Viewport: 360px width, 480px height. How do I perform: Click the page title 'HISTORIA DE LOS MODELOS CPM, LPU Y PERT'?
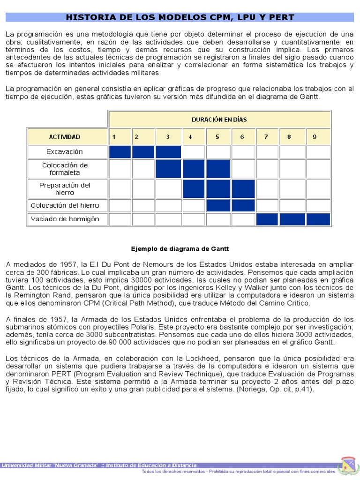(x=180, y=18)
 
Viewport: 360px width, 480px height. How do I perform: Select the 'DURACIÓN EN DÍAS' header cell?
(x=219, y=120)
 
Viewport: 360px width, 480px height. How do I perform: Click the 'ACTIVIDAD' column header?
(x=65, y=137)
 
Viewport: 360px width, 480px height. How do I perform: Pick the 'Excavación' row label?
(x=65, y=152)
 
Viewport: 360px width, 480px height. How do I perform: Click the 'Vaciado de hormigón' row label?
(x=65, y=219)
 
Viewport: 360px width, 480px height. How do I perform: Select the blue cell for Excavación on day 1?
(x=120, y=152)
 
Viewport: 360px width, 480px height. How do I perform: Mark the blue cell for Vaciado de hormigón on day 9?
(x=319, y=219)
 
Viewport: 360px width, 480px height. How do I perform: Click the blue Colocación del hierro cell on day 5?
(x=217, y=205)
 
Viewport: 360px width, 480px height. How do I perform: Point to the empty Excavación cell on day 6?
(x=243, y=152)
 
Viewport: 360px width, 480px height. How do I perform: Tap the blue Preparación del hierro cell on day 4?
(x=194, y=189)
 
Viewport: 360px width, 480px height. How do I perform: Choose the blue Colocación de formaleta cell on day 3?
(x=168, y=169)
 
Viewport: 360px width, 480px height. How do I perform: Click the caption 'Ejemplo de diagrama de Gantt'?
(x=180, y=248)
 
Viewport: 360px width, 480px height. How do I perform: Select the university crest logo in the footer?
(x=347, y=465)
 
